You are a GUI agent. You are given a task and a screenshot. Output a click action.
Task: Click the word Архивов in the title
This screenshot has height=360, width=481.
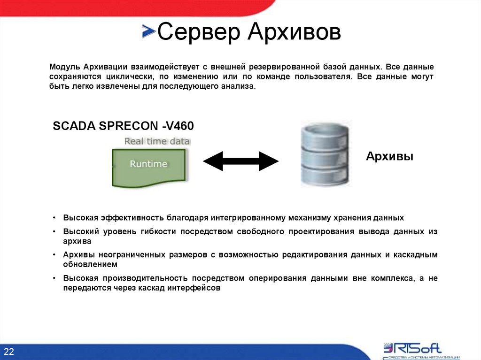pos(294,33)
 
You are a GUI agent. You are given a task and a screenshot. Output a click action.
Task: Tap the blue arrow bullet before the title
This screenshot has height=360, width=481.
pos(148,31)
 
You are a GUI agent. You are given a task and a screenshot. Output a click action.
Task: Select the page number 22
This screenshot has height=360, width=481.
pos(10,352)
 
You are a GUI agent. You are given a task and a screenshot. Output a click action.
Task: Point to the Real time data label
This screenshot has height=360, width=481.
pos(157,141)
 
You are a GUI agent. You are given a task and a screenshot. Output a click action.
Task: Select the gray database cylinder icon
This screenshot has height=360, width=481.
pos(325,154)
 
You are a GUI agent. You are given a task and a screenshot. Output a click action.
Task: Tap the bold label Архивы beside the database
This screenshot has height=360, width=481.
pos(389,156)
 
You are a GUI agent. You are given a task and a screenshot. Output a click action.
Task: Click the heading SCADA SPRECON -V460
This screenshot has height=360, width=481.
pos(123,126)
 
